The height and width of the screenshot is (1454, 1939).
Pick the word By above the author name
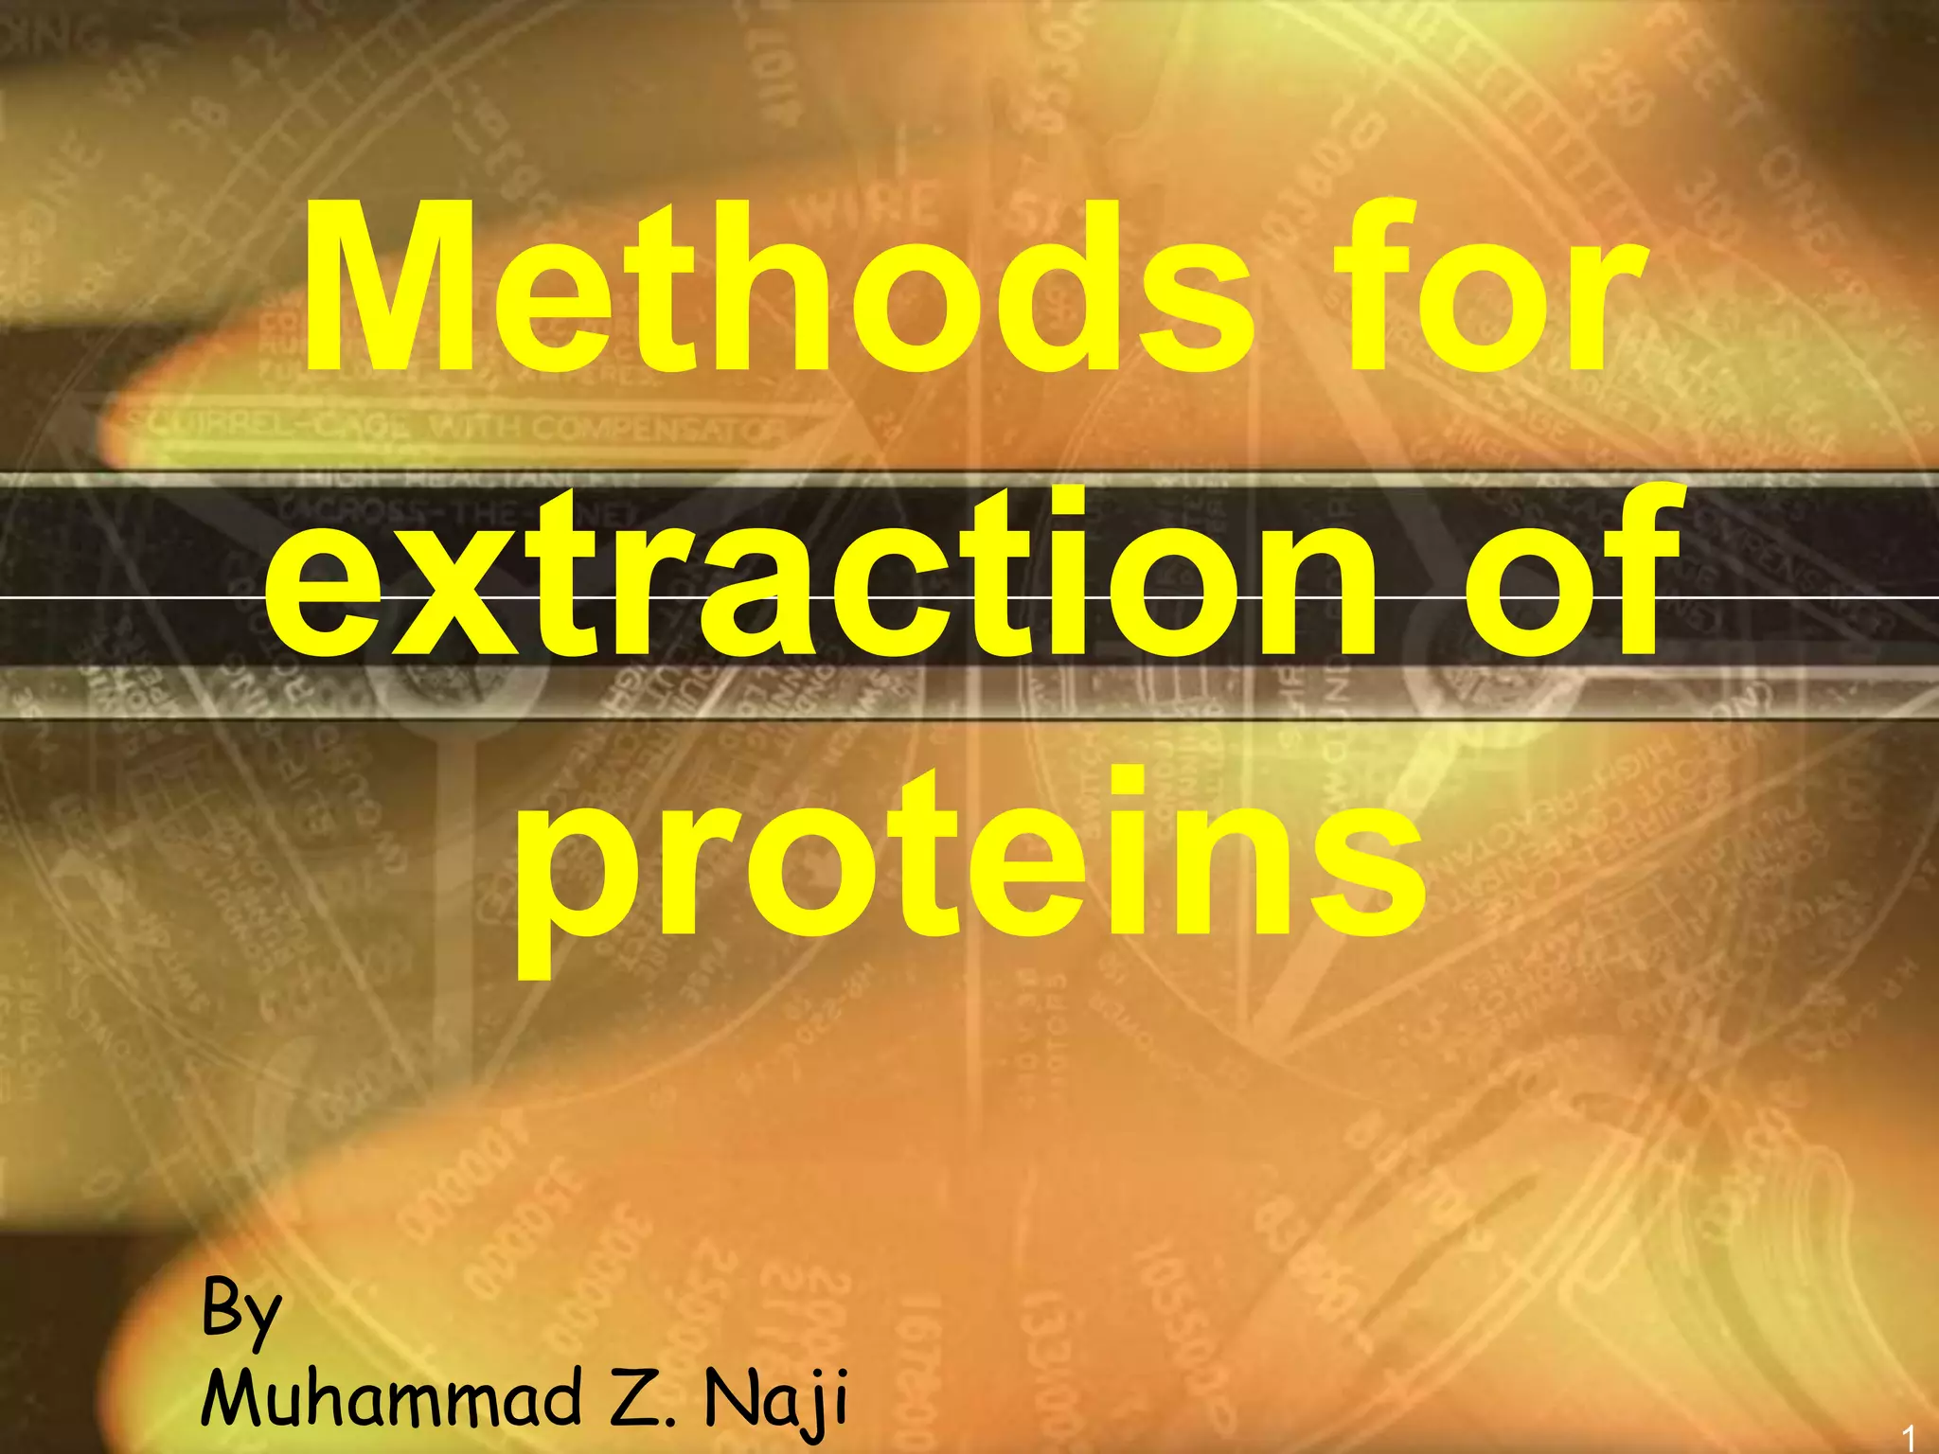click(241, 1311)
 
